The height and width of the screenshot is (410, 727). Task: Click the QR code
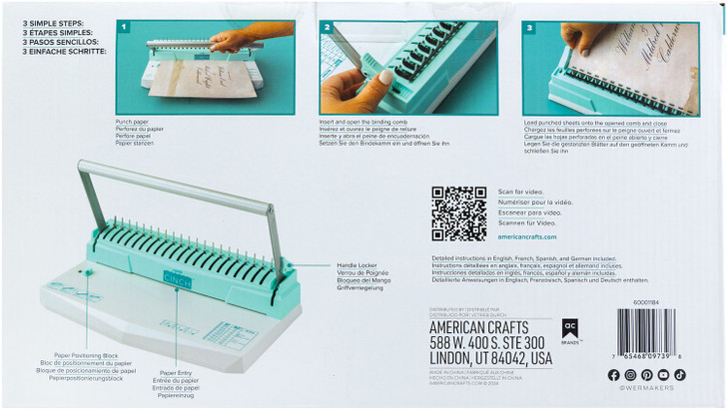coord(458,213)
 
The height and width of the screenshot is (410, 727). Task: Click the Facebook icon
coord(613,374)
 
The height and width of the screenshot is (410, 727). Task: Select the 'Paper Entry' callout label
coord(176,371)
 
